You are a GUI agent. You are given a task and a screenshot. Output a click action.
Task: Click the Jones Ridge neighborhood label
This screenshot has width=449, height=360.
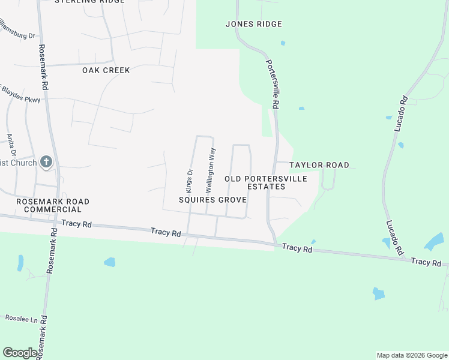pos(253,24)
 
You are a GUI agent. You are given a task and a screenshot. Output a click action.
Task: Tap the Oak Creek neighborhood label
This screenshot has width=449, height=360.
pos(106,70)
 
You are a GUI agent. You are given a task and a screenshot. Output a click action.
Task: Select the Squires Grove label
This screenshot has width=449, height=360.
pos(212,199)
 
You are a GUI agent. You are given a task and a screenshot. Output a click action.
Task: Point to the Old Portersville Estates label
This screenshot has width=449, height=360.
pos(266,183)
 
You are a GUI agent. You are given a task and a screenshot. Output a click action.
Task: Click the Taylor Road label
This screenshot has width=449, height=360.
pos(319,165)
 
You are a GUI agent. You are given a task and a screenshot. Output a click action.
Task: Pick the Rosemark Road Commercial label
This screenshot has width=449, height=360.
pos(53,205)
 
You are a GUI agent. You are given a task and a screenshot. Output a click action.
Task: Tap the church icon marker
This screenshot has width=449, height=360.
pos(46,162)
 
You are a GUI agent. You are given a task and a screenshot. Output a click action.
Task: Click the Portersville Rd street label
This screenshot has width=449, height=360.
pos(272,83)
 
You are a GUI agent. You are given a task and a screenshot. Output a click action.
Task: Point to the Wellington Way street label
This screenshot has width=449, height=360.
pos(211,170)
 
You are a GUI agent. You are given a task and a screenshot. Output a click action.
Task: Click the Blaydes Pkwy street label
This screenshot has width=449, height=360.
pos(21,95)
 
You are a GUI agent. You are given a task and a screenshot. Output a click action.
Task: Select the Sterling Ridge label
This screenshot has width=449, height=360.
pos(89,2)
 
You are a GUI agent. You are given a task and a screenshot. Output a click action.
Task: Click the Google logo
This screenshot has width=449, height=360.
pos(20,353)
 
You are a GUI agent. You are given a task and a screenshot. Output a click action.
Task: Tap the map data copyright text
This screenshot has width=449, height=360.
pos(411,355)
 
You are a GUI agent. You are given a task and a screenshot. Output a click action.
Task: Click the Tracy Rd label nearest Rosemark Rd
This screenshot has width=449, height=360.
pos(79,224)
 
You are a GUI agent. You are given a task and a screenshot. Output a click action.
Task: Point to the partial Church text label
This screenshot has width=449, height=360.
pos(18,163)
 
